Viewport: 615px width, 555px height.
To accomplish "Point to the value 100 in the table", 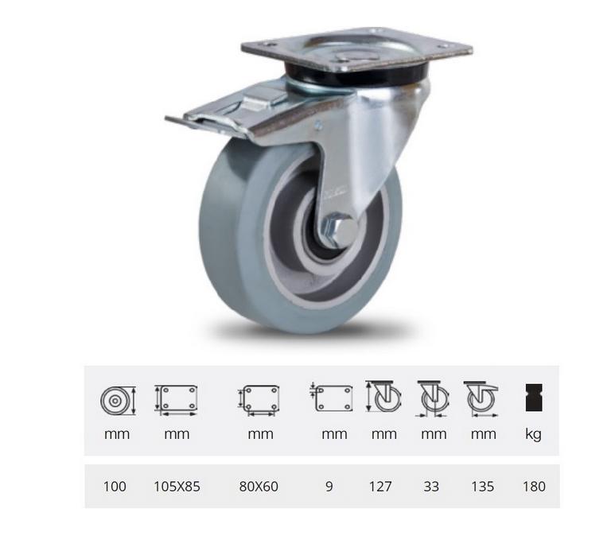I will (x=115, y=486).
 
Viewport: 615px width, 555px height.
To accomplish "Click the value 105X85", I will (x=177, y=486).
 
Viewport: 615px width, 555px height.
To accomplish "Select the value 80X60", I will (x=260, y=486).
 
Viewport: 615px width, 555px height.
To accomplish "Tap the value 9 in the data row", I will (x=329, y=486).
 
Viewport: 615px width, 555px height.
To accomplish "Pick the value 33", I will (x=431, y=486).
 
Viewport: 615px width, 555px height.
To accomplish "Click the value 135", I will (x=483, y=486).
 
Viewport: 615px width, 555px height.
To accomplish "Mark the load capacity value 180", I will (x=535, y=486).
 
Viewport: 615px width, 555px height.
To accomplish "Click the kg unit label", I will (x=534, y=434).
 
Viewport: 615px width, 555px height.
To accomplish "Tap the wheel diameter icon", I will (x=118, y=399).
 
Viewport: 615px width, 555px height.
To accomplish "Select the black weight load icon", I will (x=534, y=398).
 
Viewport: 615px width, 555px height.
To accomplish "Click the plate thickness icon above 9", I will (x=331, y=398).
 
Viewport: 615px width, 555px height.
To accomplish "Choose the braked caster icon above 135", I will (x=482, y=398).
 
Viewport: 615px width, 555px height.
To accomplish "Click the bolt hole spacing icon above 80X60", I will (x=259, y=399).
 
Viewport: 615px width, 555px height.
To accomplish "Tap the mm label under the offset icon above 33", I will (x=433, y=434).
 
